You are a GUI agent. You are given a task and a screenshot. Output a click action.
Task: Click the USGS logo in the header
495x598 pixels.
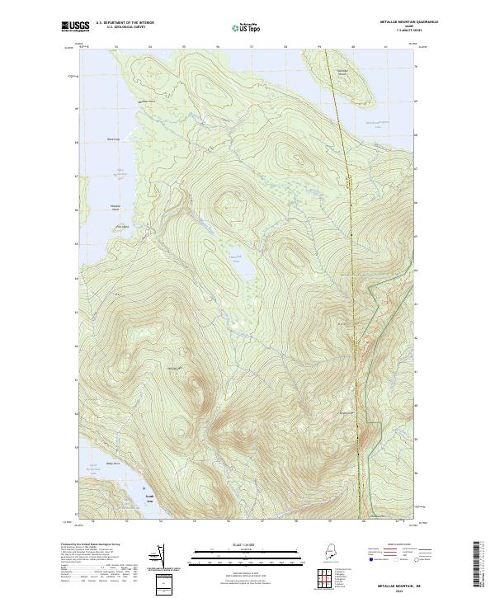tap(75, 27)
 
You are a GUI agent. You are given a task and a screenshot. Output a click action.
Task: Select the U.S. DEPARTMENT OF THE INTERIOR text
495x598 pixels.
tap(124, 23)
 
